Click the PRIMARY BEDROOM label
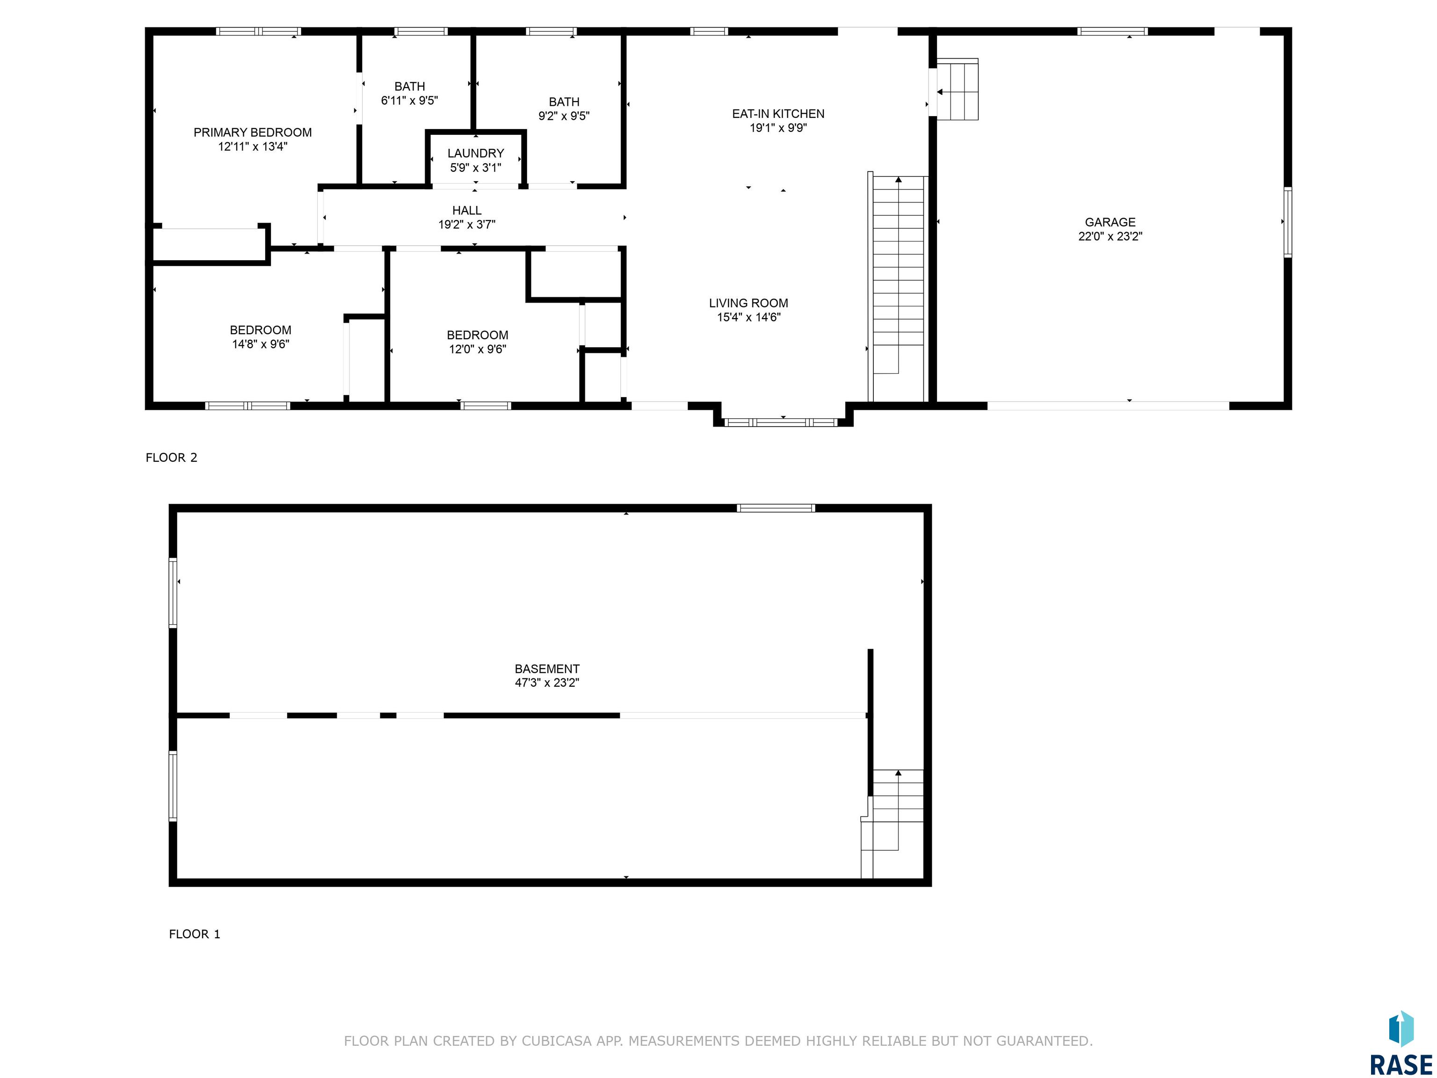253,132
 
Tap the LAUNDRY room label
476,153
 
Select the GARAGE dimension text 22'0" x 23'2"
1110,237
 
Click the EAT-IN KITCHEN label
778,114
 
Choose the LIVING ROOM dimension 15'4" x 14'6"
748,317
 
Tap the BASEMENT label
547,669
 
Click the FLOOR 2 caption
172,458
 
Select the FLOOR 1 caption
195,934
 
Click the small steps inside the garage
957,90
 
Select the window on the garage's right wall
1288,222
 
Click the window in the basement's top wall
776,508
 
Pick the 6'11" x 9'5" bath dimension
409,101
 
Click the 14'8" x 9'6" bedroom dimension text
261,344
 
